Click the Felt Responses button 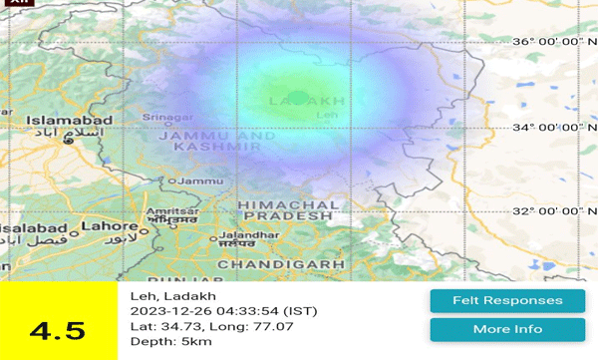(507, 300)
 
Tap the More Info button (507, 329)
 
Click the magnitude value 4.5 (58, 330)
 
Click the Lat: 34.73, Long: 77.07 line (206, 326)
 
